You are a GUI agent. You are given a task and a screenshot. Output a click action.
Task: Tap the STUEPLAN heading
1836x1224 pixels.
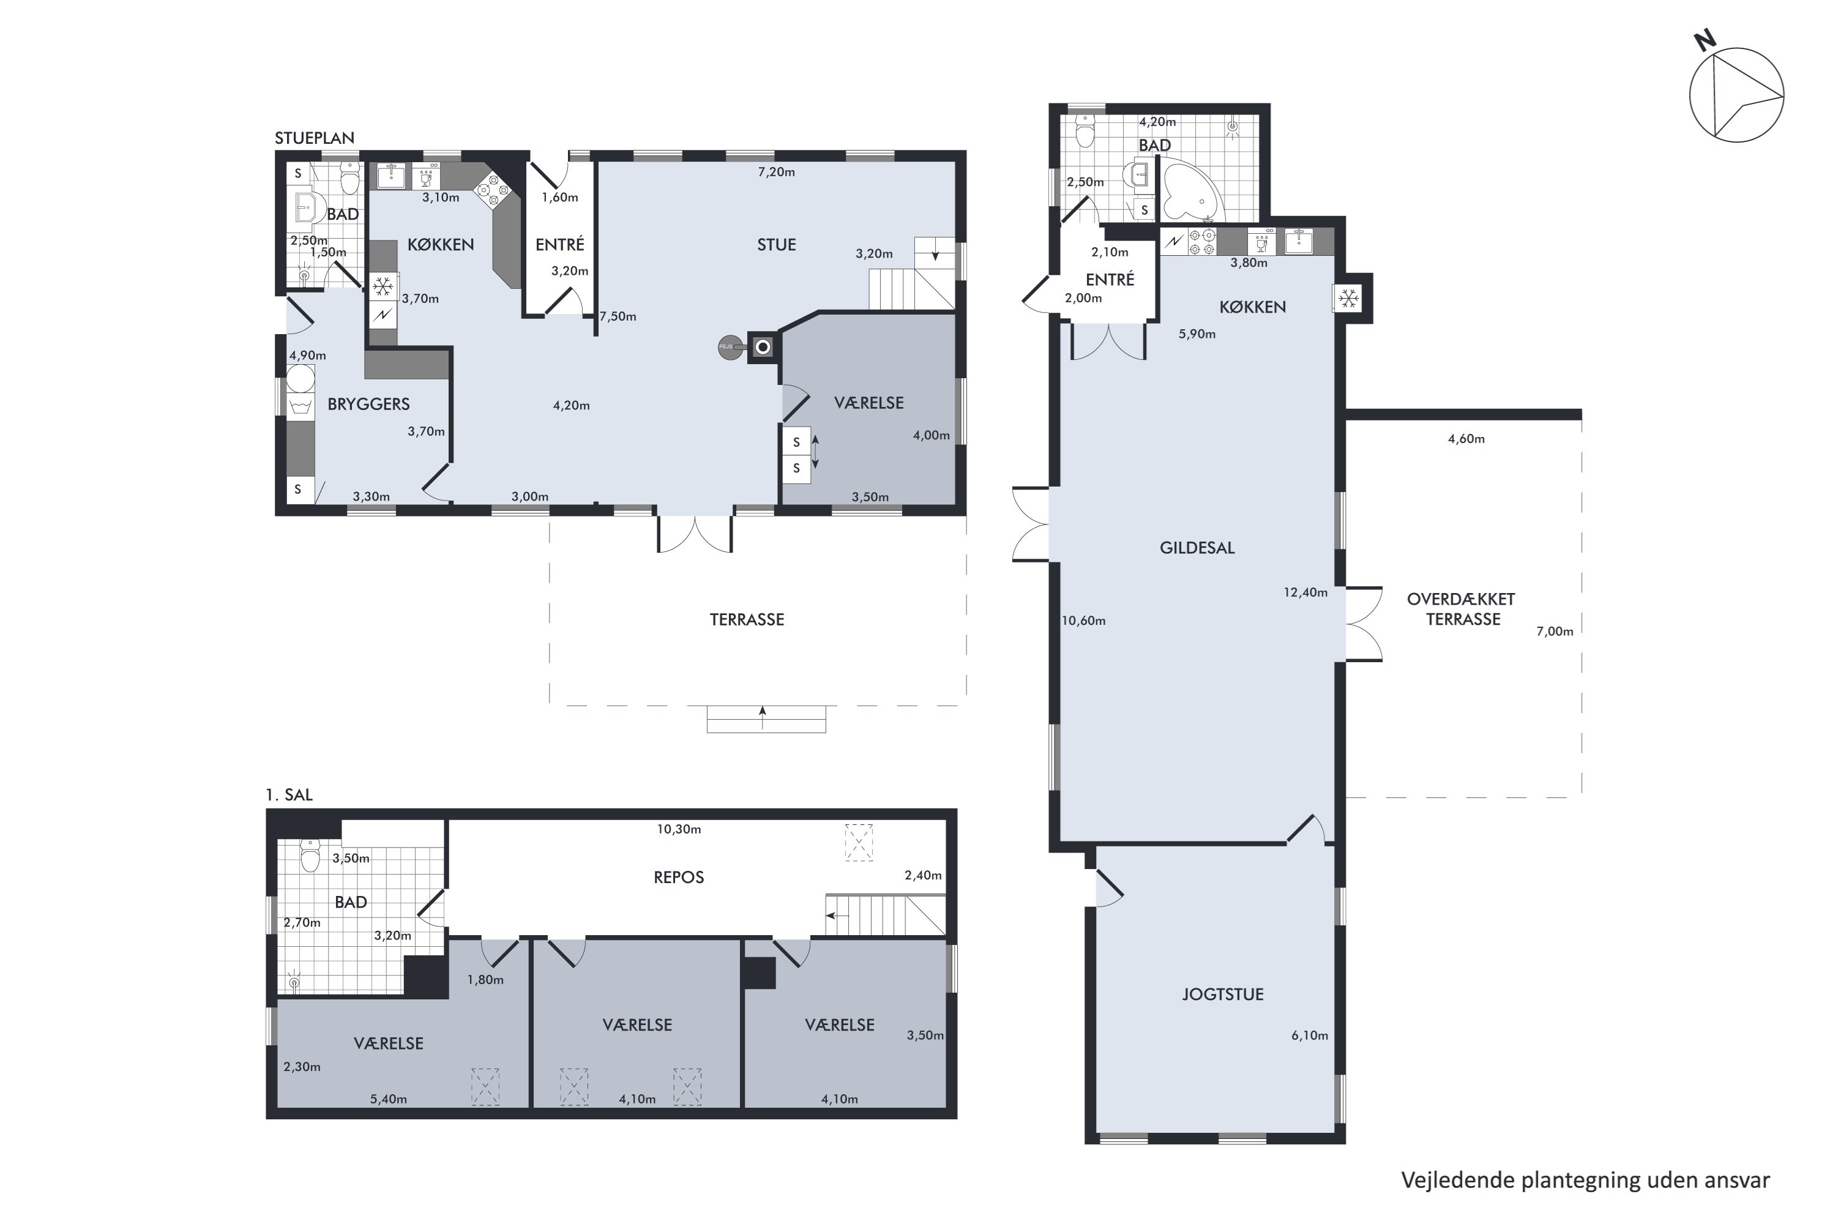click(315, 138)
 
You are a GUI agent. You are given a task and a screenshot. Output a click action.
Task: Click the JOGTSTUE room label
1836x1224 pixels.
click(1222, 994)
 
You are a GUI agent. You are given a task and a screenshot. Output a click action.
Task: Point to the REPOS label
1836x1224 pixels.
click(678, 878)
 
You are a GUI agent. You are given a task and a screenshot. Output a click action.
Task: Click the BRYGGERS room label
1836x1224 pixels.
click(368, 405)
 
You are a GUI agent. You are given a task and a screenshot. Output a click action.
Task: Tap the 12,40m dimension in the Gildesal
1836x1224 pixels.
click(1305, 592)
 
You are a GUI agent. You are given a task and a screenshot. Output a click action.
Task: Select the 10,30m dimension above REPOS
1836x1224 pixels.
click(678, 829)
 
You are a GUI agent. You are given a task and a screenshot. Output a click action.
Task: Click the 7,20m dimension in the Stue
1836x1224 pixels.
click(776, 172)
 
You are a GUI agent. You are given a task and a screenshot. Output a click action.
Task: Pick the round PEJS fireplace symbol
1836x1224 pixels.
click(730, 348)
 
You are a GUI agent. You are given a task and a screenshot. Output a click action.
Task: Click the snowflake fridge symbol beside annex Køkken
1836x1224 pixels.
click(1348, 297)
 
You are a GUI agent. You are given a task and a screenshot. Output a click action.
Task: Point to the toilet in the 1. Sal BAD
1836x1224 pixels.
click(311, 856)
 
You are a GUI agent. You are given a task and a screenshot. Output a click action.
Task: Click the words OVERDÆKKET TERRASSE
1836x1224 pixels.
click(1461, 610)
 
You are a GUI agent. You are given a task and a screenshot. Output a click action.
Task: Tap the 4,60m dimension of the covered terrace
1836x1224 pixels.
click(1466, 439)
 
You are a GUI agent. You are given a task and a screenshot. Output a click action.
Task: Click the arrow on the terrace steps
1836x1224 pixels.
click(763, 717)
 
